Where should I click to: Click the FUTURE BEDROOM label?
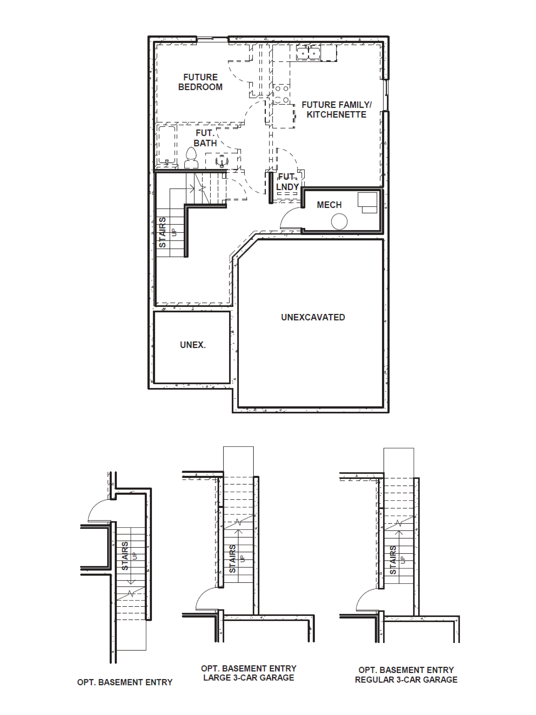200,82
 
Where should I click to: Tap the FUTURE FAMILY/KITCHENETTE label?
336,110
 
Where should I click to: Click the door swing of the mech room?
290,218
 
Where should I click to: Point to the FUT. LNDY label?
287,182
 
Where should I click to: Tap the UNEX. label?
193,345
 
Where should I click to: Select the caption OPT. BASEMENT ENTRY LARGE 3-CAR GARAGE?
248,673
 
